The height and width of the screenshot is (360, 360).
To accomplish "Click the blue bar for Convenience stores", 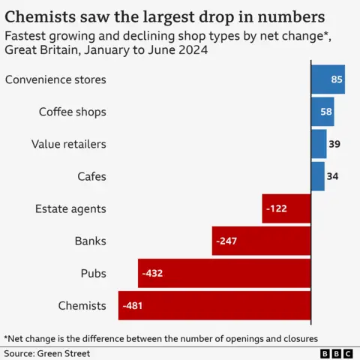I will (328, 79).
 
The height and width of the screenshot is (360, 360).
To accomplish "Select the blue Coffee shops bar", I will (322, 112).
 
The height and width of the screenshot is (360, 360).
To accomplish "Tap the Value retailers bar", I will (319, 144).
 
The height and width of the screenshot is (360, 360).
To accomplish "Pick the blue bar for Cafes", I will (318, 176).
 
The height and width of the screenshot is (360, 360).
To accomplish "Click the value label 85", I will (337, 79).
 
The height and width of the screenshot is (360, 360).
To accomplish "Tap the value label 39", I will (334, 144).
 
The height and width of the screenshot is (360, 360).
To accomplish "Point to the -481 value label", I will (133, 305).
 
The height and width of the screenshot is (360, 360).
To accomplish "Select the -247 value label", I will (226, 241).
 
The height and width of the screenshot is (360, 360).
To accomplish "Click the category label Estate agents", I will (70, 208).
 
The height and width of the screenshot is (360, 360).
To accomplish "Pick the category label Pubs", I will (93, 273).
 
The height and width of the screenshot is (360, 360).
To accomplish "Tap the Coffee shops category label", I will (72, 112).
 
